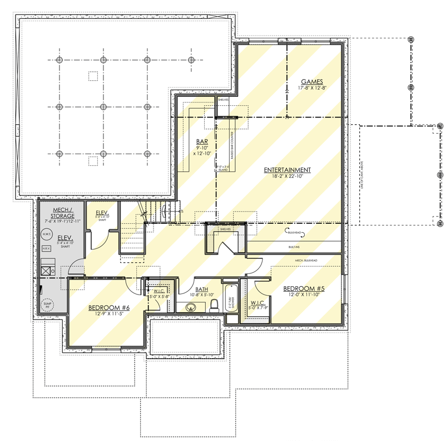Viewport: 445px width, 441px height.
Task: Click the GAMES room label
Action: tap(313, 81)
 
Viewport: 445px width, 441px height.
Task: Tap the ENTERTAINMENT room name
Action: tap(287, 170)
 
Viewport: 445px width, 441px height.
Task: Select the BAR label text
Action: tap(202, 141)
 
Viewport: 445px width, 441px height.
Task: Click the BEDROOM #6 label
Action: tap(109, 307)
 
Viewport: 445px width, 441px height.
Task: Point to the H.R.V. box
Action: tap(47, 248)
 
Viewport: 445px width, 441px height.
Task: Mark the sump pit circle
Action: tap(47, 304)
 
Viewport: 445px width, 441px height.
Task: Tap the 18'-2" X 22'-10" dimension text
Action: tap(287, 177)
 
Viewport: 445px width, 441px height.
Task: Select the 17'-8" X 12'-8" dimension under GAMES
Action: tap(313, 88)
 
